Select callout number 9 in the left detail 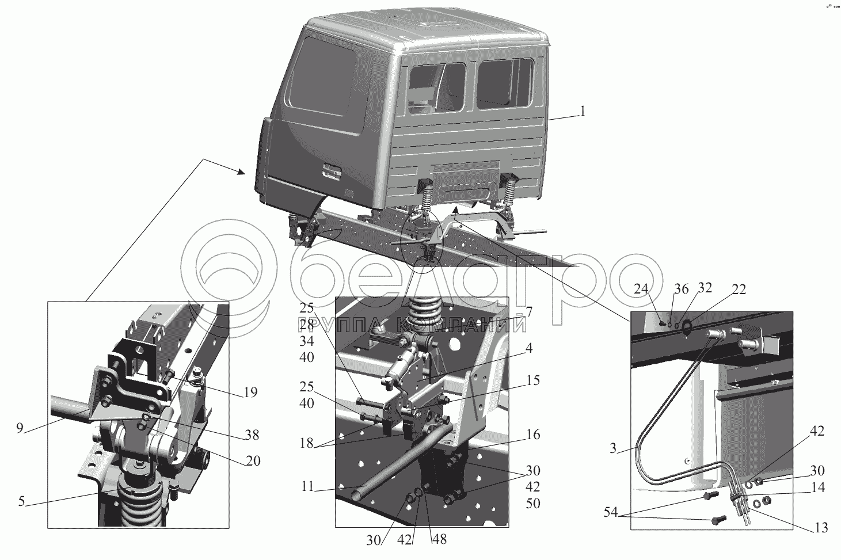[x=20, y=429]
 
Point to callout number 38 [x=251, y=436]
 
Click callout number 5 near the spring [x=21, y=501]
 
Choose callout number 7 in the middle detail [x=528, y=312]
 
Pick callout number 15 [x=532, y=381]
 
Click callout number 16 [x=532, y=435]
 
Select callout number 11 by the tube [x=307, y=486]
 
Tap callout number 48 [x=439, y=540]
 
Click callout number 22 [x=739, y=289]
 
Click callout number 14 [x=818, y=487]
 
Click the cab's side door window [x=324, y=78]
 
